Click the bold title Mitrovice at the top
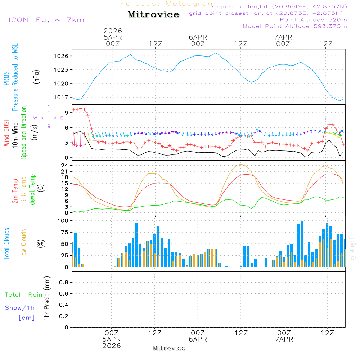153,14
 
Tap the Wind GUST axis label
6,133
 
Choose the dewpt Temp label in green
32,190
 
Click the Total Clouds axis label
6,244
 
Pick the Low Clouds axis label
24,243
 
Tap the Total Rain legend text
23,294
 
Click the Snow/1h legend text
20,308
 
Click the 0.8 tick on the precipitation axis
64,283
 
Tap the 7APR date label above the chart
283,37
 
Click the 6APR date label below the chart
198,339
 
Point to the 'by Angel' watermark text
352,249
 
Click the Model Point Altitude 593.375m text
295,26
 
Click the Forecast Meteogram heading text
168,4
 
